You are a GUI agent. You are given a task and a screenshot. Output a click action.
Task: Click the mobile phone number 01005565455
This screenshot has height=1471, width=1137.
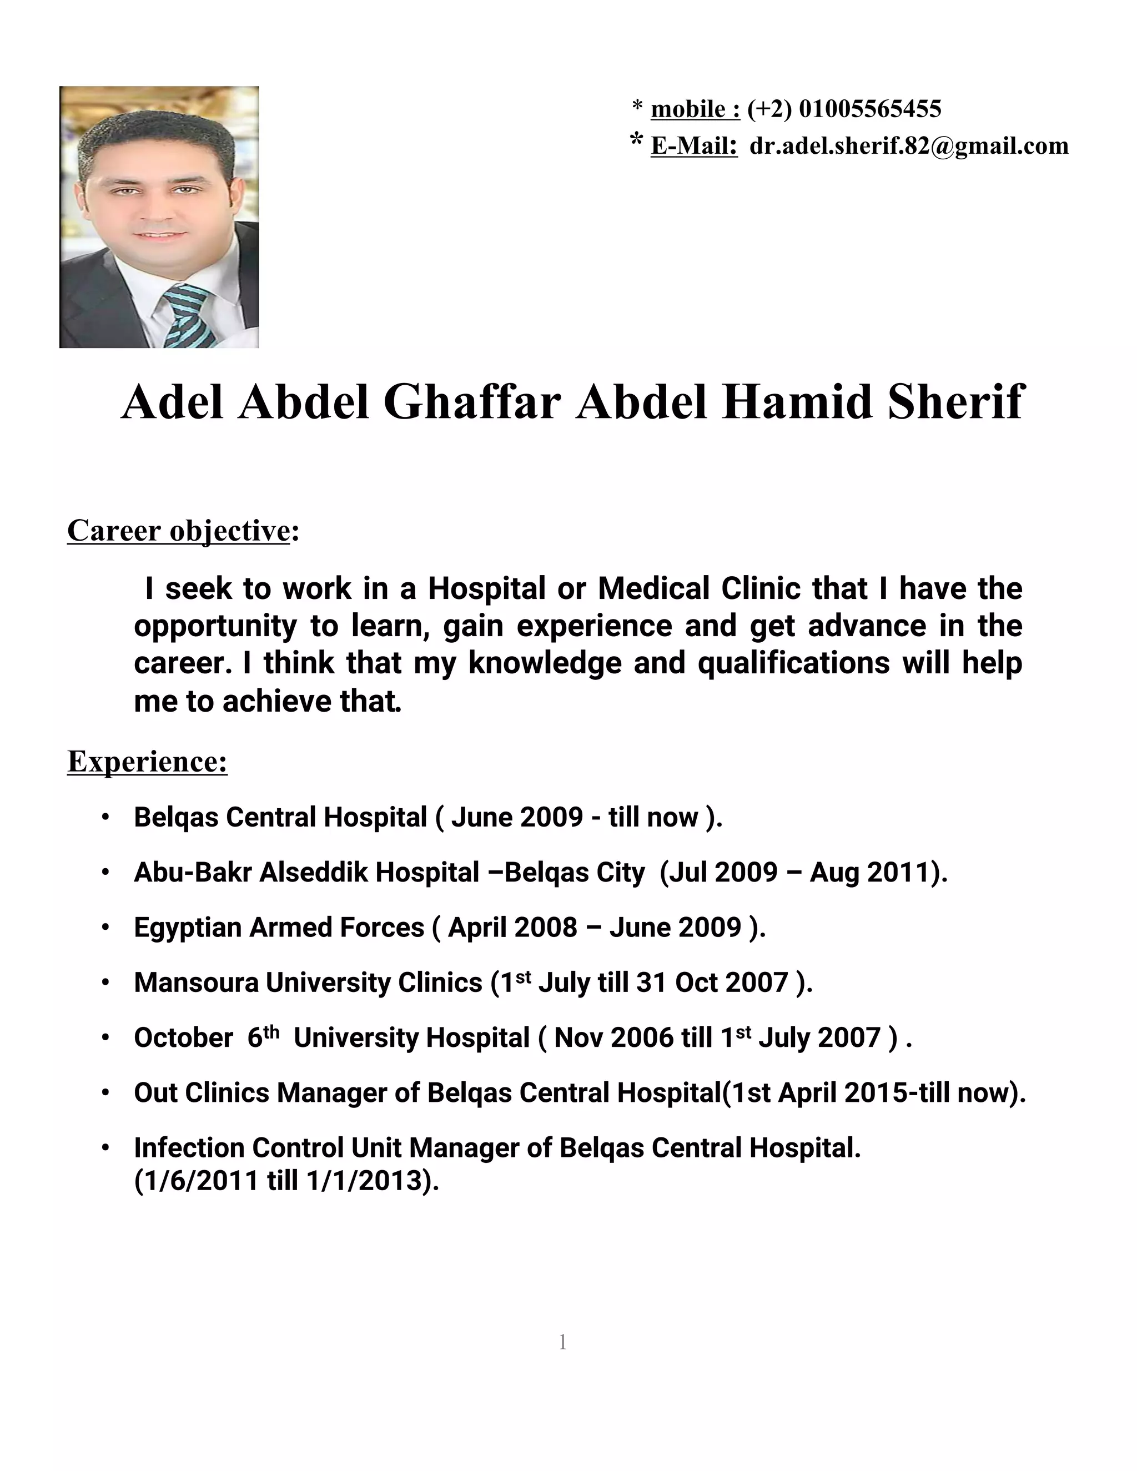[x=869, y=108]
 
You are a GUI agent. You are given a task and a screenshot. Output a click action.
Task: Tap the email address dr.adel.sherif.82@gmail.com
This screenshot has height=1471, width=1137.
[x=909, y=145]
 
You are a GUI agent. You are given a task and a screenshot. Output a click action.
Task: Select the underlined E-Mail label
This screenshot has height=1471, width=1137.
[x=694, y=145]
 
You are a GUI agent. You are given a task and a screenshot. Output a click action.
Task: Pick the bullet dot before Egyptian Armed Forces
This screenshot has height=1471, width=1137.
[x=105, y=928]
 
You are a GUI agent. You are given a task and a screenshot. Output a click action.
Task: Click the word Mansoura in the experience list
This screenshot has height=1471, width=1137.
[x=196, y=983]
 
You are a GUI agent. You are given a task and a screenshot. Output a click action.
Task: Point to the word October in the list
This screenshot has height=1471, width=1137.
[x=183, y=1038]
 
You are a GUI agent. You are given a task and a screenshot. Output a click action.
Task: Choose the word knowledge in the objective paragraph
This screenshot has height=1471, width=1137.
[x=545, y=663]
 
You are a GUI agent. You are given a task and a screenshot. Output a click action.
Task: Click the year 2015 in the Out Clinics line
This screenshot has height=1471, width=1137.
[x=875, y=1092]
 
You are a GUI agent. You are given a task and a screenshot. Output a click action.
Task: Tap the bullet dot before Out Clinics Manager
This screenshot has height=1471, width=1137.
[x=105, y=1092]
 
